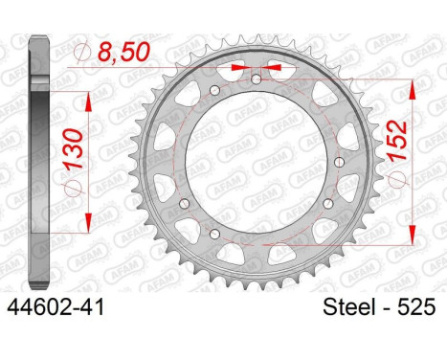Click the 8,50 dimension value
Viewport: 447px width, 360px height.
(123, 52)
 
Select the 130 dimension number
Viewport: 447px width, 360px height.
(73, 148)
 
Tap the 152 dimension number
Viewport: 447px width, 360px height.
(396, 140)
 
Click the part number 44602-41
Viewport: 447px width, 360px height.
(56, 307)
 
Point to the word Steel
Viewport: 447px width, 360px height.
(348, 307)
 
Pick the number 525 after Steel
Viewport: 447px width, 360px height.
(416, 307)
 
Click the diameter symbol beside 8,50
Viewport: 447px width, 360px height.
(82, 52)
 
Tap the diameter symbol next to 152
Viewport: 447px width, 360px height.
(396, 176)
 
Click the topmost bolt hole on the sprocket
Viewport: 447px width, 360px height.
(257, 79)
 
